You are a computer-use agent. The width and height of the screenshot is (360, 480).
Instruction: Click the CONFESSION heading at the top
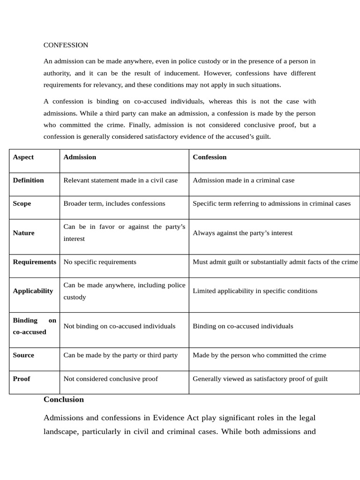tap(66, 45)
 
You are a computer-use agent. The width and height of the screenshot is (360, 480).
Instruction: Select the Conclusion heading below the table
tap(64, 399)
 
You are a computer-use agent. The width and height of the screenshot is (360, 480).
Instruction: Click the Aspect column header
tap(23, 157)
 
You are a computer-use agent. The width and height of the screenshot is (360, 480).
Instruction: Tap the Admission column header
tap(80, 157)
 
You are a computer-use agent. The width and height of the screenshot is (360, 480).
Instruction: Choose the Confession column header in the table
tap(210, 157)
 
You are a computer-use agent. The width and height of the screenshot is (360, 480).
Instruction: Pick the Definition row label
tap(29, 180)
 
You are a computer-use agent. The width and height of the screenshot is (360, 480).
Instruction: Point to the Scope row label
tap(22, 203)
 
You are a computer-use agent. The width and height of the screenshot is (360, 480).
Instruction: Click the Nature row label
tap(24, 233)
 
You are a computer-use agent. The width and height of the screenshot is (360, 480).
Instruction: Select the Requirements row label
tap(34, 262)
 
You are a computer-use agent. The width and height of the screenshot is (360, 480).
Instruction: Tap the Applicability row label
tap(33, 291)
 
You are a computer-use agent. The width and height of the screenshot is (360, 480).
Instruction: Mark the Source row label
tap(23, 355)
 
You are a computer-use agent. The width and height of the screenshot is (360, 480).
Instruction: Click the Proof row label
tap(22, 379)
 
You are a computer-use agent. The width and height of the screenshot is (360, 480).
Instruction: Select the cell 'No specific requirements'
tap(100, 262)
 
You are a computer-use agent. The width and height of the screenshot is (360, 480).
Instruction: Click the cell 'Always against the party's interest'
tap(242, 233)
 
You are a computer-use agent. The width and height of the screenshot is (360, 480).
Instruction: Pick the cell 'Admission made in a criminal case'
tap(243, 180)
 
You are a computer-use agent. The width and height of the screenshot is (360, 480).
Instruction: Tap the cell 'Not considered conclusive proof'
tap(111, 379)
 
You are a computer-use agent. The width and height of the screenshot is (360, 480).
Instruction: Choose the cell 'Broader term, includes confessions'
tap(114, 203)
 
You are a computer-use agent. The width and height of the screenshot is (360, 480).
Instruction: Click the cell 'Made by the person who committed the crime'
tap(259, 355)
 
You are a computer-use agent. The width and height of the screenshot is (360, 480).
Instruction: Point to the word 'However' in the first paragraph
tap(217, 73)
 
